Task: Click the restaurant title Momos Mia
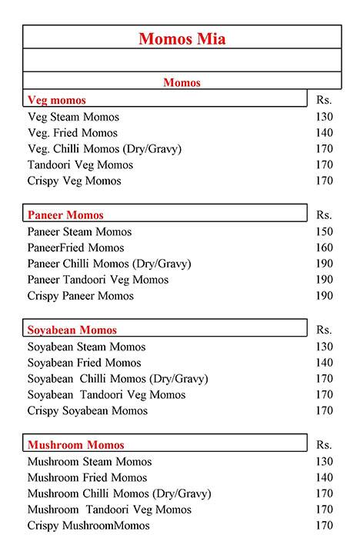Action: [182, 39]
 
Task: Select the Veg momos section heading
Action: [57, 100]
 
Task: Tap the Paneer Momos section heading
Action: [65, 215]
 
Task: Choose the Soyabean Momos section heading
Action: [72, 330]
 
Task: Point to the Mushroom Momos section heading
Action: [75, 445]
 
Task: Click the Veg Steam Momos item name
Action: [73, 117]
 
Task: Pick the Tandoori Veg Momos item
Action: [80, 164]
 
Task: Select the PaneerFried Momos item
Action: [75, 247]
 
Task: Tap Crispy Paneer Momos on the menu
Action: [81, 296]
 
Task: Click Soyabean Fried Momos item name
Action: [85, 363]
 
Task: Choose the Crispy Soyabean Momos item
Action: [88, 410]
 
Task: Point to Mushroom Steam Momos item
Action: [89, 462]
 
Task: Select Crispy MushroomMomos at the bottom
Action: [89, 526]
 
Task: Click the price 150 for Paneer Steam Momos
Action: [324, 232]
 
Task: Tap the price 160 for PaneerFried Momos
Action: [324, 248]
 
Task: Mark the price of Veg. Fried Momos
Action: [324, 133]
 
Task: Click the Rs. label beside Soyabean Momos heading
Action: [324, 330]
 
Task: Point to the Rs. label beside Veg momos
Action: [324, 100]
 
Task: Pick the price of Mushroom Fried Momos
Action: [324, 477]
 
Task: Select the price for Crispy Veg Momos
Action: [324, 181]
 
